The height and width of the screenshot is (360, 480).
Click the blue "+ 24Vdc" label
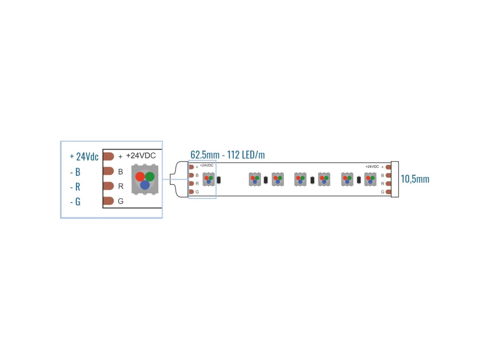click(84, 156)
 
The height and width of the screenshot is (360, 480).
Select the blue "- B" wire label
click(75, 172)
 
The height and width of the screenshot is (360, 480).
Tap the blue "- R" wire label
click(75, 187)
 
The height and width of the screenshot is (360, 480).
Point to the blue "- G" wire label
click(75, 202)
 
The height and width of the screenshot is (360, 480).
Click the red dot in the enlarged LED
click(140, 176)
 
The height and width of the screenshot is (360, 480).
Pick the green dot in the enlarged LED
click(150, 176)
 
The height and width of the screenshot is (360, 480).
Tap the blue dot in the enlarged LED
click(145, 185)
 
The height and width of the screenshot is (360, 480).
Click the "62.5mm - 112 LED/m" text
click(228, 154)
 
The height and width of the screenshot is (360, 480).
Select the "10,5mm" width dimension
click(415, 179)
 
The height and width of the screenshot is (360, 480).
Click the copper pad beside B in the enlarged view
click(108, 171)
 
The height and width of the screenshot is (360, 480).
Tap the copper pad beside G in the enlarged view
click(108, 201)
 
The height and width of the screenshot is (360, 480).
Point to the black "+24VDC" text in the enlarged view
click(141, 156)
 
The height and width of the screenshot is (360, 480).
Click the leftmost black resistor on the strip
click(219, 180)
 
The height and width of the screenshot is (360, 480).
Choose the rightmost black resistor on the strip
click(359, 180)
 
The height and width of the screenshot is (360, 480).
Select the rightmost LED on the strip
click(370, 179)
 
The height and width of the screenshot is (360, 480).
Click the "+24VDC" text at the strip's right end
click(372, 166)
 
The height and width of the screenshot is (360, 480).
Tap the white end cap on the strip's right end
click(395, 179)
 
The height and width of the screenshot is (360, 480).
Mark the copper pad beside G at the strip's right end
click(388, 192)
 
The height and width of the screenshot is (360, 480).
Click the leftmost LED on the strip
click(208, 179)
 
